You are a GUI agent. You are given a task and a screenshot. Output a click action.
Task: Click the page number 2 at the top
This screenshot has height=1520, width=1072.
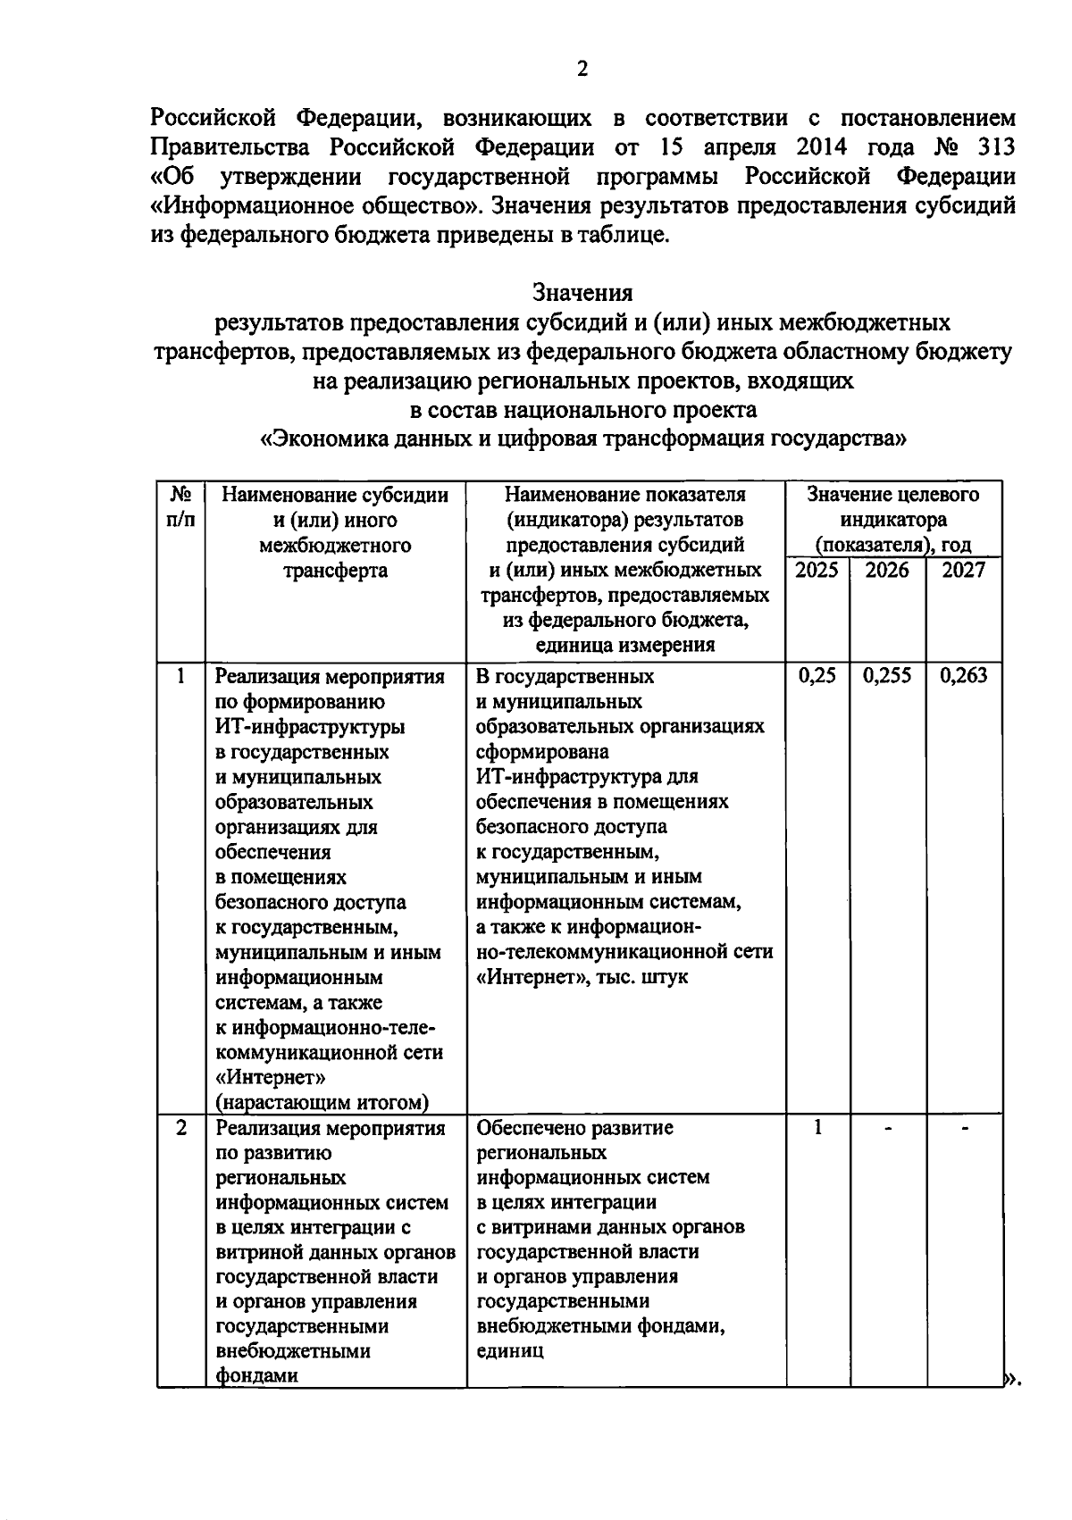point(582,69)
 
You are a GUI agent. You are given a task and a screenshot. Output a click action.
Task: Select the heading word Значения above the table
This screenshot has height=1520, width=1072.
point(582,292)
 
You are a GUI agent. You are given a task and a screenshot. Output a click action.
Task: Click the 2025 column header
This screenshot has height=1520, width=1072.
point(817,570)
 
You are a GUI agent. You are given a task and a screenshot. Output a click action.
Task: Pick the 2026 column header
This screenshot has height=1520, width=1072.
point(887,570)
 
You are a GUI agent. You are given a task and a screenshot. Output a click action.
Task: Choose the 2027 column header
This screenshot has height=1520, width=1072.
point(963,570)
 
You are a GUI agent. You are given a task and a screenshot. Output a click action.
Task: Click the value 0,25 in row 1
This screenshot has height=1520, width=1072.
point(817,676)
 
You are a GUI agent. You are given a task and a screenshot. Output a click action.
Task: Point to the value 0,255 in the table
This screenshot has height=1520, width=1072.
point(887,676)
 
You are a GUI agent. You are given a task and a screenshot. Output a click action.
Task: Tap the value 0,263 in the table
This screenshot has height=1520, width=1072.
point(963,676)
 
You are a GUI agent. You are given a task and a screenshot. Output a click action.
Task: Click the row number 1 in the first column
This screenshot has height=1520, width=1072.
point(180,676)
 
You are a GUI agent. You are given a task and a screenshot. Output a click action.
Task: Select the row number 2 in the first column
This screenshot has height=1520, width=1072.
point(180,1128)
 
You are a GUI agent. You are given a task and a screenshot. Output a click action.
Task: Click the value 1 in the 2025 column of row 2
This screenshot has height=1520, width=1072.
point(817,1128)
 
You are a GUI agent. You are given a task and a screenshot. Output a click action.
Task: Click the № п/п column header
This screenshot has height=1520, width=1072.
point(180,506)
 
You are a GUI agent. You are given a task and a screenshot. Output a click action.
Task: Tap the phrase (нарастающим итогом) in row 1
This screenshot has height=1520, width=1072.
point(322,1102)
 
